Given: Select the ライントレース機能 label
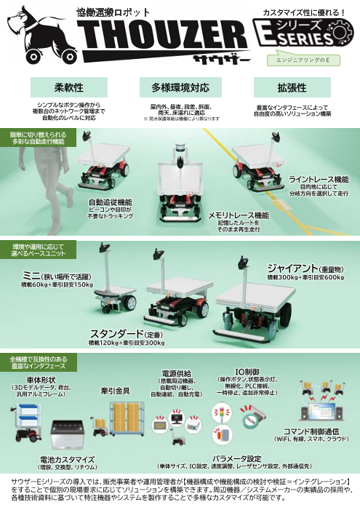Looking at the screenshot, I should (x=319, y=179).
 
